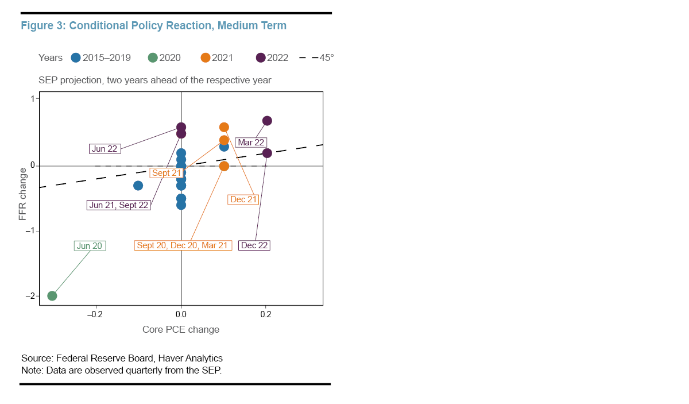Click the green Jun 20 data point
point(52,296)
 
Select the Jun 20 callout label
point(90,245)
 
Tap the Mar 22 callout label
point(251,143)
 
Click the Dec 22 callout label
point(254,245)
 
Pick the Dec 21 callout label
point(243,199)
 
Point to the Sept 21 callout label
point(167,172)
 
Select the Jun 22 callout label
point(104,148)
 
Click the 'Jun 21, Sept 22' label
point(119,205)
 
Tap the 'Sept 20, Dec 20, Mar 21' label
point(183,245)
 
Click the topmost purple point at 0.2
point(267,121)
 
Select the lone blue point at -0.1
point(138,186)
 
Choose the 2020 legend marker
point(153,57)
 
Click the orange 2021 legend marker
point(206,57)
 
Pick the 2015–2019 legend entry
point(101,57)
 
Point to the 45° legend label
point(327,57)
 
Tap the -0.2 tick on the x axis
point(95,314)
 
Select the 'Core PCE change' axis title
point(181,329)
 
